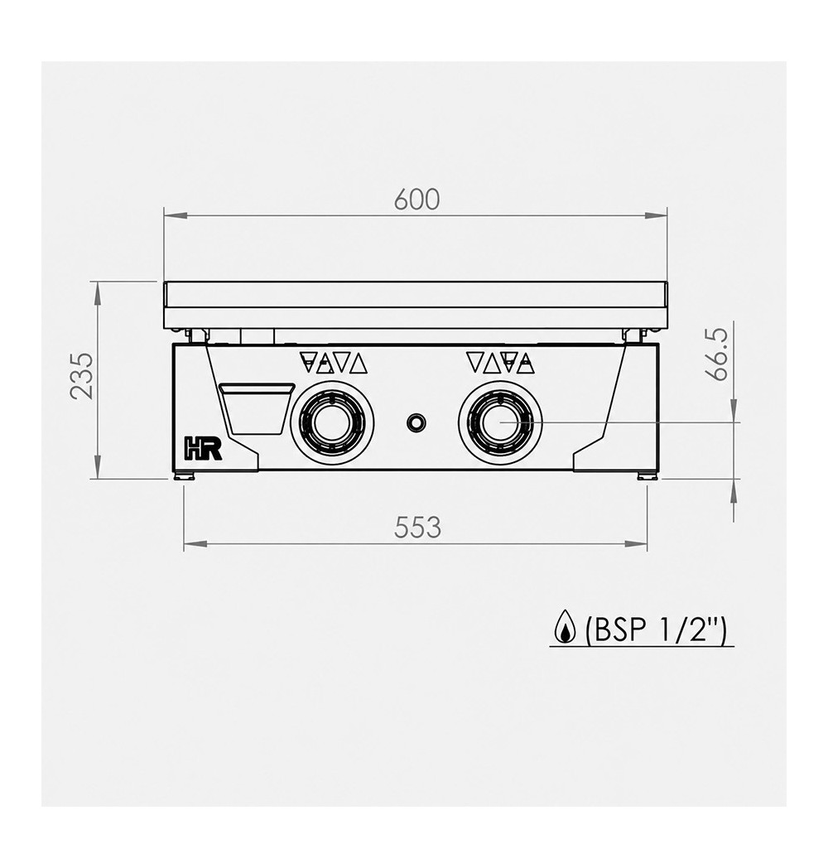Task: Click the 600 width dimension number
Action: tap(416, 200)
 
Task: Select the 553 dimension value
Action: tap(417, 528)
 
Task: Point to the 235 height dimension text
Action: tap(82, 375)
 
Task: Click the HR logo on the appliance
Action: tap(203, 448)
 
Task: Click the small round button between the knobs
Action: tap(416, 423)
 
